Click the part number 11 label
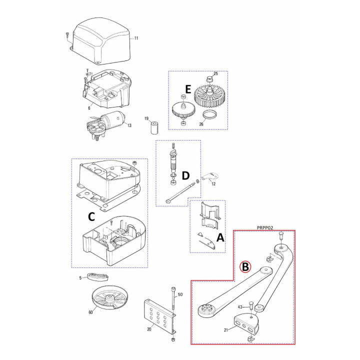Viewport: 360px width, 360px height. [x=136, y=38]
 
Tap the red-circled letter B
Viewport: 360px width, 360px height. [x=245, y=267]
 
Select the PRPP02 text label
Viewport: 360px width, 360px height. [x=265, y=228]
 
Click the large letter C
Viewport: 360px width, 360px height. [x=91, y=216]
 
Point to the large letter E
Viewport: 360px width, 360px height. [x=188, y=89]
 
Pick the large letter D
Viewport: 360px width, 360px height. [x=185, y=175]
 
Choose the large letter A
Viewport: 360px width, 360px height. [x=220, y=237]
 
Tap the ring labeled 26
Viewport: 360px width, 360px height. [x=209, y=115]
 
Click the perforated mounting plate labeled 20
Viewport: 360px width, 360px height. [x=160, y=317]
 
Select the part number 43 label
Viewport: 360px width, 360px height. [x=240, y=307]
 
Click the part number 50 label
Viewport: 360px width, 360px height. [x=180, y=294]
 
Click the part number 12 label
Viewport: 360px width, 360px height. [x=213, y=184]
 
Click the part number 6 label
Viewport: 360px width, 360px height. [x=89, y=108]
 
